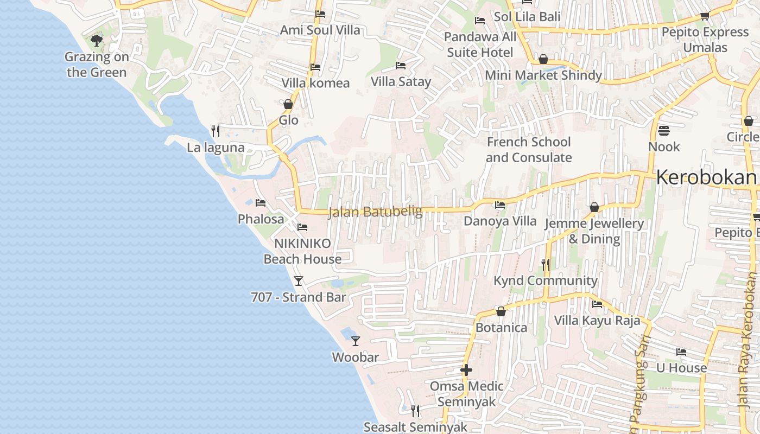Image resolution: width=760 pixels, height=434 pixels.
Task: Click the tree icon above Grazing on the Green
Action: pyautogui.click(x=97, y=40)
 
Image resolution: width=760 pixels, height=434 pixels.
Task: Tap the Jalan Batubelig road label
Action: pyautogui.click(x=375, y=212)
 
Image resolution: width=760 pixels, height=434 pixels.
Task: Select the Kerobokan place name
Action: pyautogui.click(x=706, y=177)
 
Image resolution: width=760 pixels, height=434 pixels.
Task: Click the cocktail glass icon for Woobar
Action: pyautogui.click(x=356, y=341)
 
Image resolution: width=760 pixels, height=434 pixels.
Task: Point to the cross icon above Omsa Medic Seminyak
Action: pyautogui.click(x=466, y=371)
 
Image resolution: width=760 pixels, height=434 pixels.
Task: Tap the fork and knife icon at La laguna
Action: pyautogui.click(x=216, y=131)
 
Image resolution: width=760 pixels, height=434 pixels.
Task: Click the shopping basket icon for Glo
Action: pyautogui.click(x=288, y=104)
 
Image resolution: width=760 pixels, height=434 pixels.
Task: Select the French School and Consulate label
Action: pyautogui.click(x=528, y=150)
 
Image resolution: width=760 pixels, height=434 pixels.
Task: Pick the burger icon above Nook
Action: pyautogui.click(x=663, y=131)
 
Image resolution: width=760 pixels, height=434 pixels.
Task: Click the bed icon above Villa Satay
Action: pyautogui.click(x=401, y=66)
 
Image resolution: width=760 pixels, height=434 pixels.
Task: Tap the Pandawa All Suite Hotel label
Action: pyautogui.click(x=480, y=44)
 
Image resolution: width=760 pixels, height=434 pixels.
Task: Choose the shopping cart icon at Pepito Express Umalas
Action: pyautogui.click(x=705, y=16)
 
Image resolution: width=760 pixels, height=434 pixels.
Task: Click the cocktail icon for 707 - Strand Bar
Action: pyautogui.click(x=298, y=281)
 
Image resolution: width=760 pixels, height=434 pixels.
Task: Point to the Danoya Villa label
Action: pyautogui.click(x=499, y=221)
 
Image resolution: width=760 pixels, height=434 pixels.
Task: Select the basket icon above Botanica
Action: pyautogui.click(x=501, y=312)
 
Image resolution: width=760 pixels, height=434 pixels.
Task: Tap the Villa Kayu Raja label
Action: pyautogui.click(x=597, y=320)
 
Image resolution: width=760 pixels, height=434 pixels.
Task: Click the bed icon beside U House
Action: pyautogui.click(x=681, y=352)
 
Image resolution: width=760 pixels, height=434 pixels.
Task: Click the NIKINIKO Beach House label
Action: pyautogui.click(x=302, y=251)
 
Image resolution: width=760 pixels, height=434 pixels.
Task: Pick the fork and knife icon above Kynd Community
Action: pyautogui.click(x=546, y=265)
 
